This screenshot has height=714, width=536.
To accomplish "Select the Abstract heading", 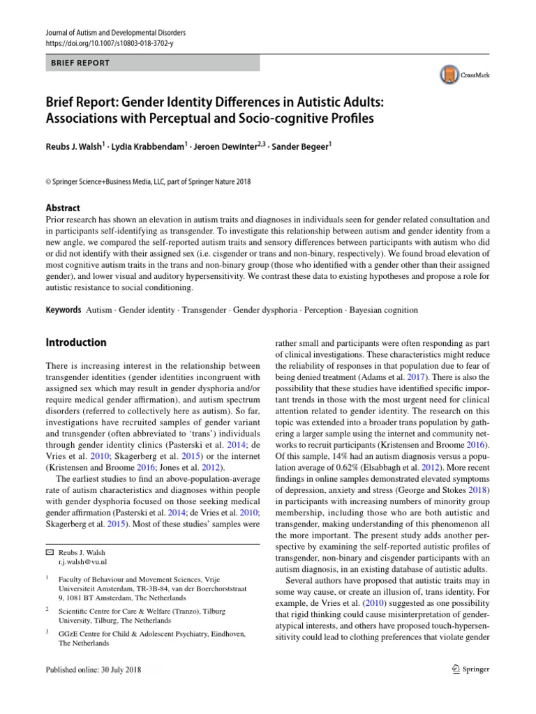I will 63,208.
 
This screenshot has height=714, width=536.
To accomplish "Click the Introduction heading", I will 76,342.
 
